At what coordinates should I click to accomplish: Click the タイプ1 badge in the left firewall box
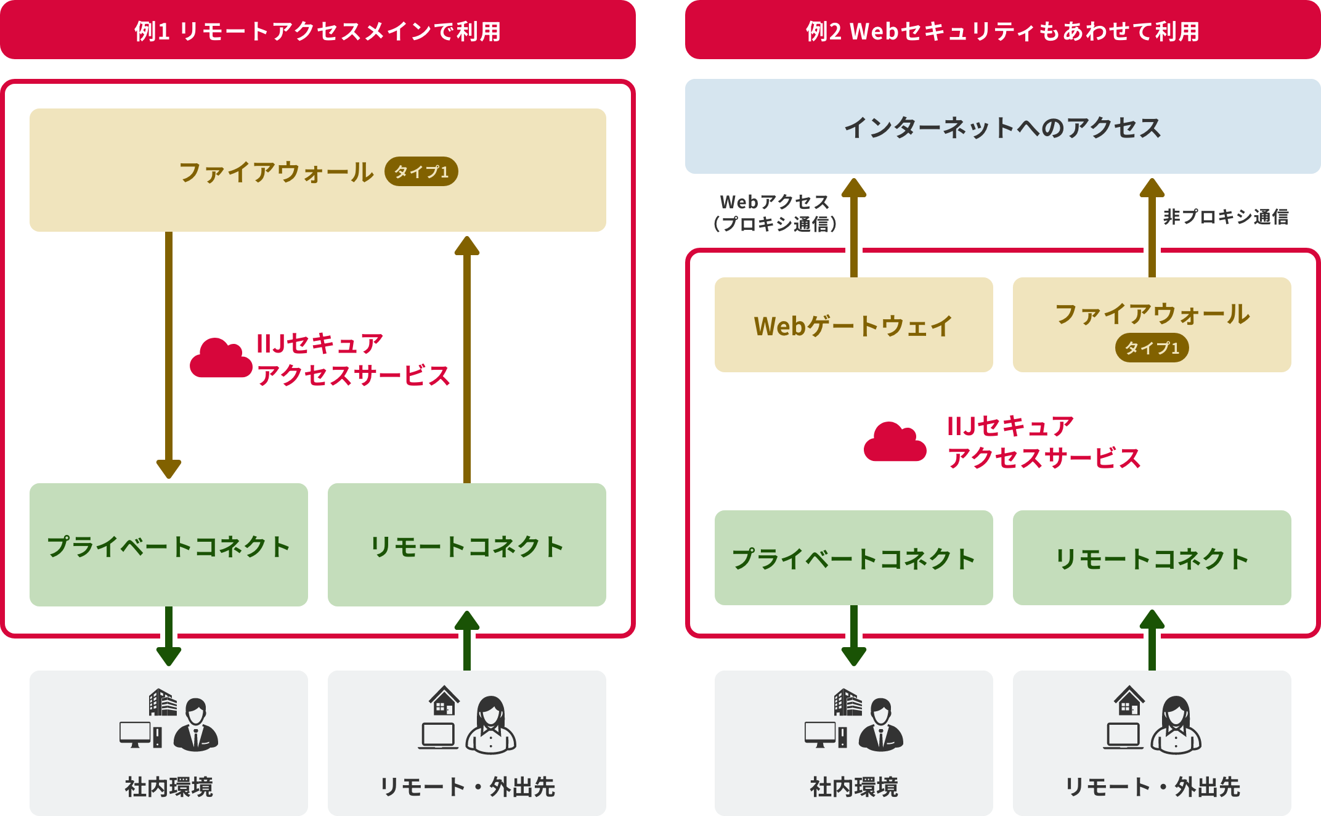point(421,171)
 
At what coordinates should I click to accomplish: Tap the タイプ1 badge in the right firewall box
point(1152,348)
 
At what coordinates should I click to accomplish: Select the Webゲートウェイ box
point(853,325)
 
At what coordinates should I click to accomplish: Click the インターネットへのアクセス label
point(1002,128)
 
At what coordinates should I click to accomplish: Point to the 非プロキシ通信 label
point(1225,216)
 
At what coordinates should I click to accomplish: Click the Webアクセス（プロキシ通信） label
point(774,213)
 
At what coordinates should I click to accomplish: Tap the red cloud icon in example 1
point(221,359)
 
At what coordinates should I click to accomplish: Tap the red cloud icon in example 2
point(895,443)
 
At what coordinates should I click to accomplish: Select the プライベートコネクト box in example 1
point(168,545)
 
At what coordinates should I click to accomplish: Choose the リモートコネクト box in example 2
point(1152,558)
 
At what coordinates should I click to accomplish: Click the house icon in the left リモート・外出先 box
point(444,701)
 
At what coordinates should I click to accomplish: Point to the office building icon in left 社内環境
point(163,703)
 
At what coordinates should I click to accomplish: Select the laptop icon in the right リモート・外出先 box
point(1123,736)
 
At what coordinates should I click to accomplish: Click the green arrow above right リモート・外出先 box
point(1152,640)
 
